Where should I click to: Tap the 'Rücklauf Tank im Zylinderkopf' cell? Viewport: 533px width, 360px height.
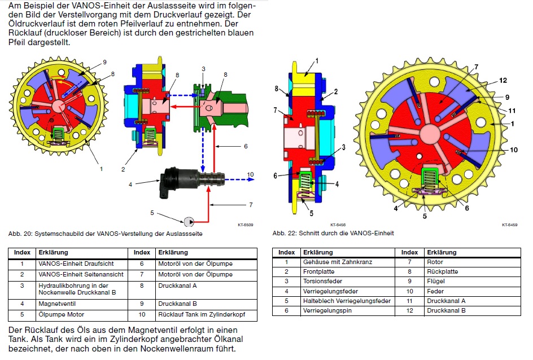click(197, 314)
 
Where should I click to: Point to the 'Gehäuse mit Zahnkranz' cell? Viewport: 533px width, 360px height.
click(337, 262)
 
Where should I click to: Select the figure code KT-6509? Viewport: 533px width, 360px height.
click(245, 225)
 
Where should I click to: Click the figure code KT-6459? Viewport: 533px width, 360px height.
click(509, 225)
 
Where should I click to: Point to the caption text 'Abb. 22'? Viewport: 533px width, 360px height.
click(284, 233)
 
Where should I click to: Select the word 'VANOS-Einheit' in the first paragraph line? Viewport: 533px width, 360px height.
click(99, 6)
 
